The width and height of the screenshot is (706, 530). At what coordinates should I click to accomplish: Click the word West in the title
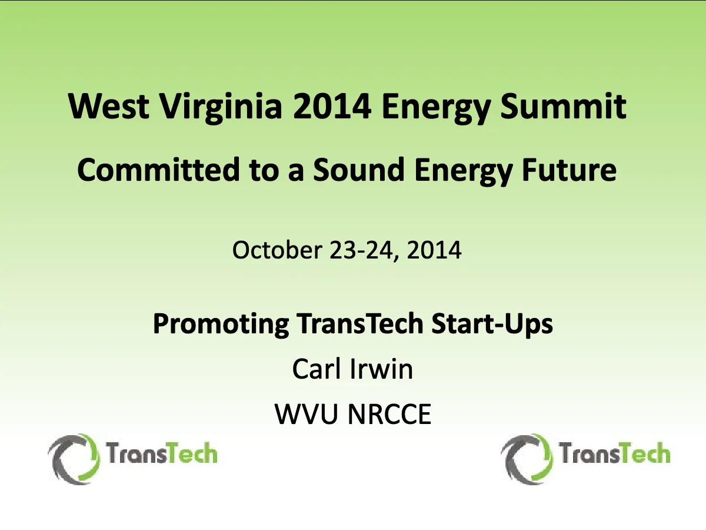109,106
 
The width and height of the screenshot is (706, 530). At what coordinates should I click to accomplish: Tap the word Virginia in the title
221,108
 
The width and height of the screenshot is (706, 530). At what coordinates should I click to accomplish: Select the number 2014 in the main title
332,106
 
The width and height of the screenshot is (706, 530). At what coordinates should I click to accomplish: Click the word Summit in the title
563,106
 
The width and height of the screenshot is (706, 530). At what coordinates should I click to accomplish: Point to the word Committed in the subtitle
158,169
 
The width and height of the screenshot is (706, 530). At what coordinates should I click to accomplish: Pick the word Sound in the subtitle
358,169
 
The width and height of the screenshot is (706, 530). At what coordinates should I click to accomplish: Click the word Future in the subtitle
569,170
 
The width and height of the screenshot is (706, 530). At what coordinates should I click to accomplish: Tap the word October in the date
277,250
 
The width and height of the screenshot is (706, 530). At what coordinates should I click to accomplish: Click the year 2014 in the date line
434,250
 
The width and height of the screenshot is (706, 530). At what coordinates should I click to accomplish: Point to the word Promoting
221,324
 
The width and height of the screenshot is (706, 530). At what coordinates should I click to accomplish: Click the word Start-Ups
492,324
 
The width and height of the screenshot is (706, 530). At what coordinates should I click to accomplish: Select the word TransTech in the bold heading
359,323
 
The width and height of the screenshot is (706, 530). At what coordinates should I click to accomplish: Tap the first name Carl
316,369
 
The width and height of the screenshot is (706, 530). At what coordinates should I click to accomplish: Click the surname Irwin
381,369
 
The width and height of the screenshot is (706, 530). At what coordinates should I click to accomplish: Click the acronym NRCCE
389,414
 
